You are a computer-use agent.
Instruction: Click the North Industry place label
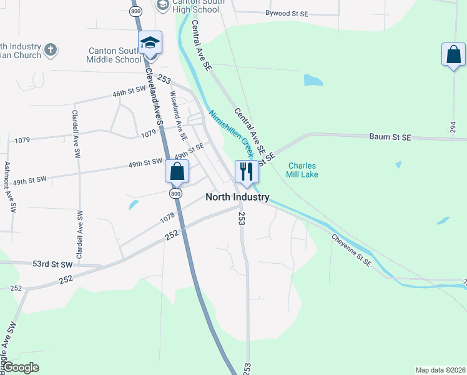(x=238, y=197)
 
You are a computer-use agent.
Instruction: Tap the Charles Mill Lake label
(x=303, y=170)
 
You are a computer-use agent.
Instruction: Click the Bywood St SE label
(x=287, y=13)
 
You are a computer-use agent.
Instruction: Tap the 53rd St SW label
(x=52, y=264)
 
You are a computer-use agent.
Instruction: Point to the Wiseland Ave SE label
(x=179, y=116)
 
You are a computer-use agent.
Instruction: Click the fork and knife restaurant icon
(x=246, y=171)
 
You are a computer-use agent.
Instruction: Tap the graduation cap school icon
(x=150, y=43)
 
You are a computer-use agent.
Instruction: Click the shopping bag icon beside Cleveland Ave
(x=177, y=171)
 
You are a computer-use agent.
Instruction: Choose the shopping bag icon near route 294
(x=453, y=55)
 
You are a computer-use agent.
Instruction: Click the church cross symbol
(x=51, y=48)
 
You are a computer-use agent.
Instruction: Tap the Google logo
(x=20, y=367)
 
